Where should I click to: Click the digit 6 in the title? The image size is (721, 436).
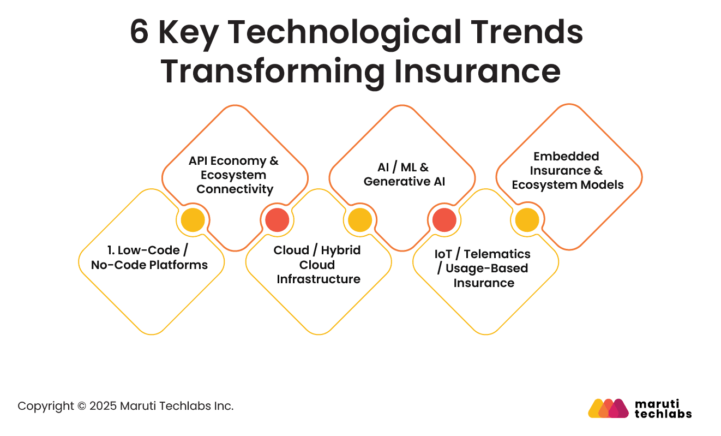[x=139, y=32]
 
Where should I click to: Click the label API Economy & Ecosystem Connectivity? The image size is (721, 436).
[x=234, y=175]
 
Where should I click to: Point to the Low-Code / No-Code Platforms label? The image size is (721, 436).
[x=149, y=258]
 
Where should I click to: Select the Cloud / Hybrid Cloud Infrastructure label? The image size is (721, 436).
[x=318, y=265]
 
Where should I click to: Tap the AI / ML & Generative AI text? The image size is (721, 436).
[x=404, y=175]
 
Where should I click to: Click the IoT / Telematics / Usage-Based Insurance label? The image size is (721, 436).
[x=483, y=268]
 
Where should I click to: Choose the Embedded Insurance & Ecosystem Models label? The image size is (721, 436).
[x=567, y=171]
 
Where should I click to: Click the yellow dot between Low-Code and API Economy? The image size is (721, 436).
[x=193, y=220]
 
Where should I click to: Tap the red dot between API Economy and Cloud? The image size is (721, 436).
[x=277, y=220]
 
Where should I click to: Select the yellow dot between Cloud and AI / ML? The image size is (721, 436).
[x=360, y=220]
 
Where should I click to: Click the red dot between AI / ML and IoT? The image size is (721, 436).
[x=444, y=220]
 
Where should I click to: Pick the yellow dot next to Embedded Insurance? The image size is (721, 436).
[x=527, y=220]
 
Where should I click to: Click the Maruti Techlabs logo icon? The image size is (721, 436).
[x=608, y=408]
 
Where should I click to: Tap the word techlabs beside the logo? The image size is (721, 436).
[x=663, y=414]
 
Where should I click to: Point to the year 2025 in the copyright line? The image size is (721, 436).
[x=103, y=406]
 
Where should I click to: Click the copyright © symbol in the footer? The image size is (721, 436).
[x=82, y=406]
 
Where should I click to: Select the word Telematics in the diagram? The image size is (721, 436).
[x=497, y=254]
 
